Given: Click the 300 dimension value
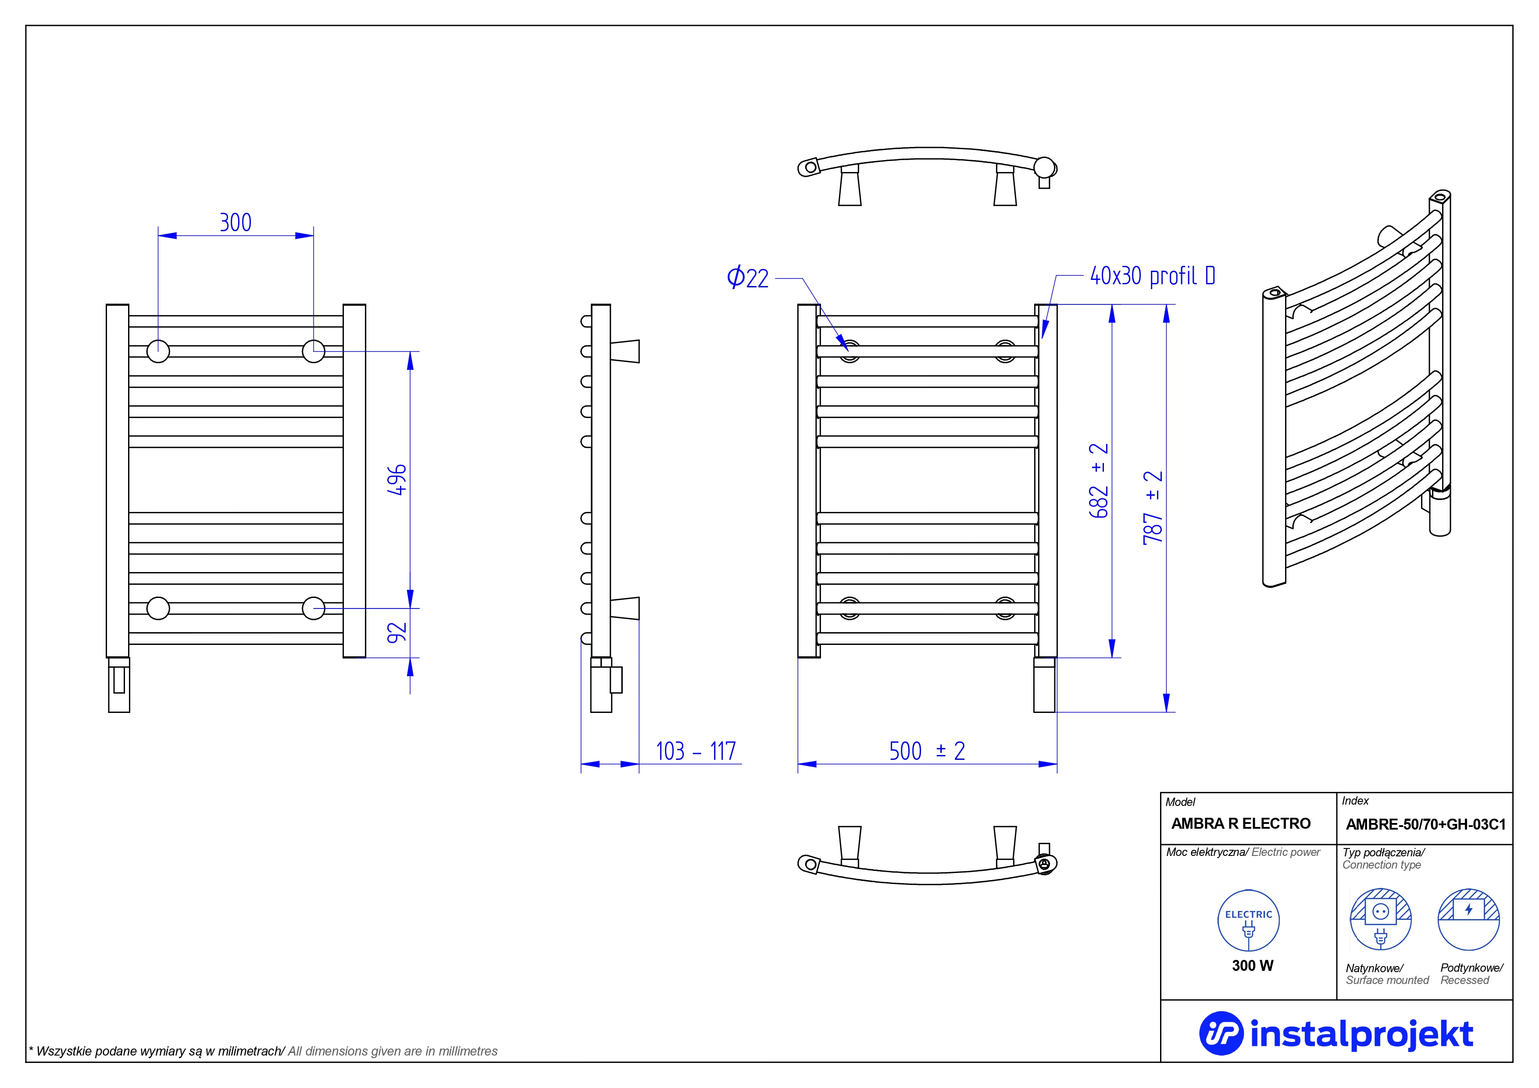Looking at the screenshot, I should coord(235,222).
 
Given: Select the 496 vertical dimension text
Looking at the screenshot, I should coord(397,480).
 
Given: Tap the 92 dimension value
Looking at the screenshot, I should coord(397,632).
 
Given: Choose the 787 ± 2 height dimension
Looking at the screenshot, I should coord(1153,508).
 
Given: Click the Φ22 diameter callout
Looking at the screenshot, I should coord(747,278).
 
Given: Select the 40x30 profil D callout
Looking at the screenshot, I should coord(1152,276).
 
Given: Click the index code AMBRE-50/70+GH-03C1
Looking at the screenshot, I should coord(1425,824).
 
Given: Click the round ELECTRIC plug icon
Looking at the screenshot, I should coord(1248,920).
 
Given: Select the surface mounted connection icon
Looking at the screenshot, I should coord(1380,919).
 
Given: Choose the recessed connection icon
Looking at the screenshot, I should coord(1468,919).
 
